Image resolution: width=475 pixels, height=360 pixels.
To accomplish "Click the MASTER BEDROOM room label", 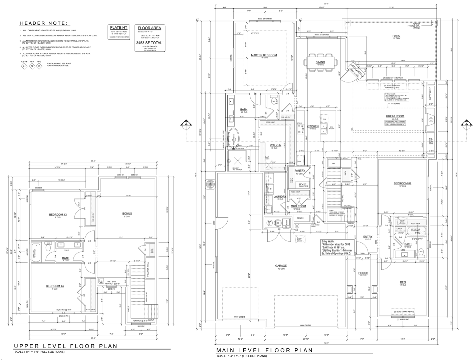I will click(264, 55).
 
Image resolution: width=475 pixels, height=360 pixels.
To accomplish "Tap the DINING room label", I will click(320, 62).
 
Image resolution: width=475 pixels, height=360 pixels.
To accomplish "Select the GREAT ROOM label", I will click(395, 116).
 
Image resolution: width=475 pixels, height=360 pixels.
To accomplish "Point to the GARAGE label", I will click(281, 266).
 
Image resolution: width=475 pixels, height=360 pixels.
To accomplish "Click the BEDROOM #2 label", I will click(402, 183).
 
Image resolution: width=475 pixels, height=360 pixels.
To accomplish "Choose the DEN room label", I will click(403, 282).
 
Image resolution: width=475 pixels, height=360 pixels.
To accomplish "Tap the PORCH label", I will click(363, 273).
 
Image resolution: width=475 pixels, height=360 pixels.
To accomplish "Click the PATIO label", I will click(396, 36).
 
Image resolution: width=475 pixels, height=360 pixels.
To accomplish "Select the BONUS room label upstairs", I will click(127, 214).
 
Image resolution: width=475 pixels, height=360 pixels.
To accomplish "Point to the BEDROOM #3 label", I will click(58, 215).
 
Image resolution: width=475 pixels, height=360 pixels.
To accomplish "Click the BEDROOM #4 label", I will click(55, 286).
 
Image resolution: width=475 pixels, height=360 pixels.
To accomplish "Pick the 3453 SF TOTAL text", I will click(149, 43).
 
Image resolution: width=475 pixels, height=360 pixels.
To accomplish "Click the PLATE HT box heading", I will click(118, 28).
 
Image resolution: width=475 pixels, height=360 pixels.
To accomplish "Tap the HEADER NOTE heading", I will click(43, 23).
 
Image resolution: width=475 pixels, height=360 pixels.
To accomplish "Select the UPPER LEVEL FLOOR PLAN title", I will click(65, 346).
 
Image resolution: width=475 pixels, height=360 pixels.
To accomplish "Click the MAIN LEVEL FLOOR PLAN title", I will click(264, 350).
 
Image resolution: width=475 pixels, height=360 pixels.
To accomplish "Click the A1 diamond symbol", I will click(24, 66).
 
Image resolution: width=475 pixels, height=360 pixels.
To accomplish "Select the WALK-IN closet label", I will click(275, 145).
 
